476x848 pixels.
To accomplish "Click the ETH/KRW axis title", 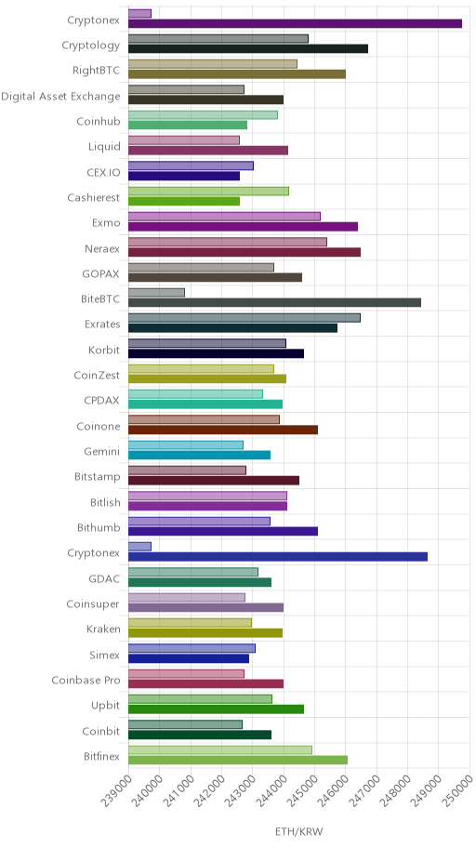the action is tap(298, 831).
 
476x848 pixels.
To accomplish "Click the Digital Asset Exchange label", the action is tap(60, 97).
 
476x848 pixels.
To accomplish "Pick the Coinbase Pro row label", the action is tap(86, 681).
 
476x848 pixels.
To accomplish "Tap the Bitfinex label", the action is tap(101, 757).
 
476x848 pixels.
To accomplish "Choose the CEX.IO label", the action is tap(103, 173).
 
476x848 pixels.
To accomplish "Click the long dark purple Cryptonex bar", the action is tap(296, 23).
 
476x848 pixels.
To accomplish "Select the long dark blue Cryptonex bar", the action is tap(278, 556).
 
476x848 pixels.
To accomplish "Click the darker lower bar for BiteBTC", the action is tap(275, 302).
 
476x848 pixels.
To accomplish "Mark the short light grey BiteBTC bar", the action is tap(157, 293).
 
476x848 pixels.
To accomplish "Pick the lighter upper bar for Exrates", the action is tap(245, 318).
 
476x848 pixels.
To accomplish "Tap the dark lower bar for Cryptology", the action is tap(248, 48).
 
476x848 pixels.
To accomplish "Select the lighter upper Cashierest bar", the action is tap(209, 191).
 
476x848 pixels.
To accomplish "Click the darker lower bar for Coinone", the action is tap(223, 430).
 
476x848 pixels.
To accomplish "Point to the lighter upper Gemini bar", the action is tap(186, 445).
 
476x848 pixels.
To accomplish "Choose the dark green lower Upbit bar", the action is tap(217, 709).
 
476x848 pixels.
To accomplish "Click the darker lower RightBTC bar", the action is tap(237, 74).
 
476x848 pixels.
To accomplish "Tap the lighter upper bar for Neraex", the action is tap(228, 242).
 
